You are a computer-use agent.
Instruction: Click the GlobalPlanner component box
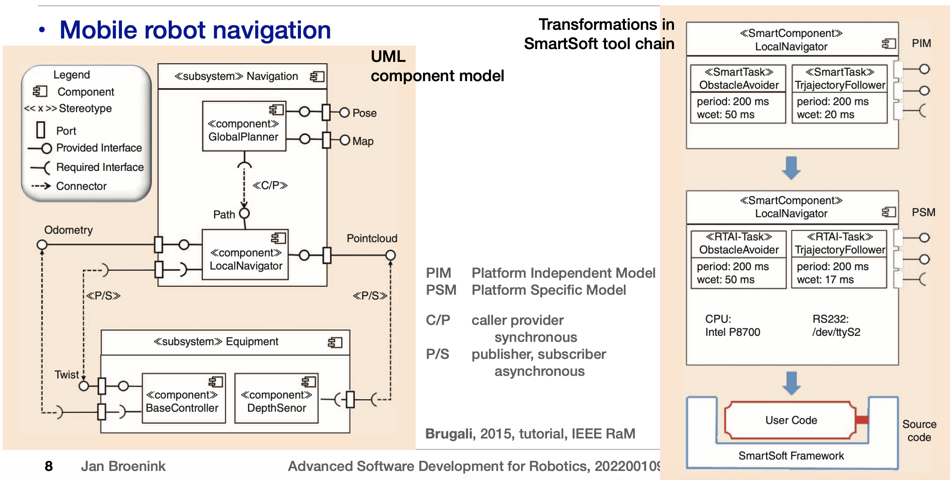coord(244,126)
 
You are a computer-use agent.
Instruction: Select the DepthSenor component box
coord(276,398)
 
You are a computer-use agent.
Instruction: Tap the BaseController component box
coord(184,398)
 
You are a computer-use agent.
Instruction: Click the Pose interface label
coord(364,113)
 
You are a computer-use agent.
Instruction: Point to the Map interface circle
coord(345,140)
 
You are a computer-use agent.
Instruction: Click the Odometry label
coord(68,230)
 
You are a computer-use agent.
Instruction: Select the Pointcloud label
coord(372,238)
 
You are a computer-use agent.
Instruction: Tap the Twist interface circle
coord(84,386)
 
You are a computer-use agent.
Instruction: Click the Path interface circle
coord(245,214)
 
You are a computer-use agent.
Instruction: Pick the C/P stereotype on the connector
coord(270,185)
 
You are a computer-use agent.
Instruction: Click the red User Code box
coord(791,420)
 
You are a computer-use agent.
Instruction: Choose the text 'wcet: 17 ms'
coord(825,280)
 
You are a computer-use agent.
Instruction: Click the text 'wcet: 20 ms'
coord(825,114)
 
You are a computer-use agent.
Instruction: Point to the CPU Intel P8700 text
coord(733,325)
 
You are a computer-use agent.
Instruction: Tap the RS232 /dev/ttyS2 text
coord(836,325)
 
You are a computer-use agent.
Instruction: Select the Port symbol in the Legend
coord(41,130)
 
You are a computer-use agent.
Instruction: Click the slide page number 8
coord(49,466)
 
